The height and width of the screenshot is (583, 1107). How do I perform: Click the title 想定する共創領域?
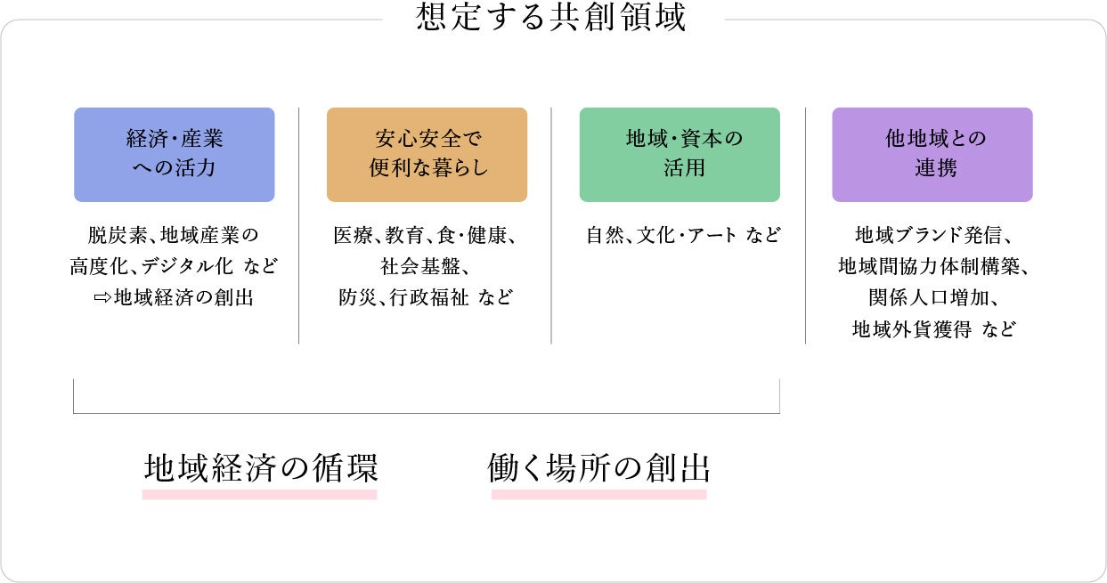point(551,18)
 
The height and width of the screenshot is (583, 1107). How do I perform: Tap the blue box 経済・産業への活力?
point(174,154)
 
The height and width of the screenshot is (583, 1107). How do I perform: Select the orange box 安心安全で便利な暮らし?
point(427,154)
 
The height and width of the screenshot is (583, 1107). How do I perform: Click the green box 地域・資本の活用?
point(680,154)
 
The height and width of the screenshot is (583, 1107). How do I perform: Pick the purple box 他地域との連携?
point(932,154)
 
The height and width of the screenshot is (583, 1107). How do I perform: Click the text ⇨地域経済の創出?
point(174,297)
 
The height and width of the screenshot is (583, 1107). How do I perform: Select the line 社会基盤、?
point(427,266)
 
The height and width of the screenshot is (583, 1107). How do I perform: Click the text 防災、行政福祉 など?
point(427,297)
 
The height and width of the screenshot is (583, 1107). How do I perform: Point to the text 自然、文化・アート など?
point(683,236)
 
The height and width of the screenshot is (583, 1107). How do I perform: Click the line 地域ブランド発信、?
point(932,236)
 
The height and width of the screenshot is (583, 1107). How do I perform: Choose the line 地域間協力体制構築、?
point(932,266)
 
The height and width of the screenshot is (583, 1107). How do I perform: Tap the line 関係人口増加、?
point(932,297)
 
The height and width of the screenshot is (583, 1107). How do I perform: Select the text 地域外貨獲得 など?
point(932,328)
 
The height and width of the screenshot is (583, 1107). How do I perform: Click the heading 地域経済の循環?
point(260,467)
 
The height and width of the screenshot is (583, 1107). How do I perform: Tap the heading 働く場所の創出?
point(598,467)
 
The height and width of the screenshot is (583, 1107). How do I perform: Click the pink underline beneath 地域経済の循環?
point(260,494)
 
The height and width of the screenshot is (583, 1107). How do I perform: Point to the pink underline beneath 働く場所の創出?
point(598,494)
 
